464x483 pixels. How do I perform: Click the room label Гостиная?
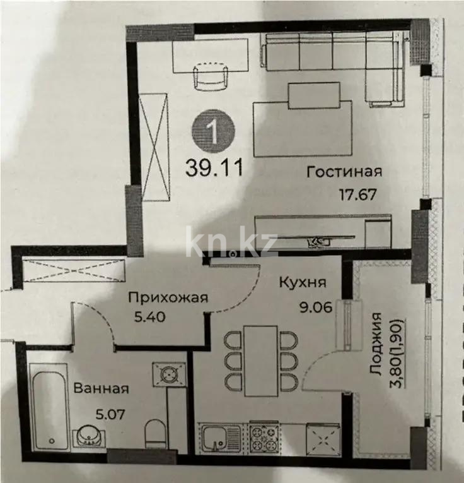pyautogui.click(x=344, y=172)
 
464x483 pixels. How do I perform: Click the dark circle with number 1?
pyautogui.click(x=213, y=133)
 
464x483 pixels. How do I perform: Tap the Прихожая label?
pyautogui.click(x=168, y=297)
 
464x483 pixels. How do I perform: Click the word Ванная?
pyautogui.click(x=101, y=389)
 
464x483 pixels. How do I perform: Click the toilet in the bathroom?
pyautogui.click(x=154, y=434)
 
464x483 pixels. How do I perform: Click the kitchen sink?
pyautogui.click(x=221, y=438)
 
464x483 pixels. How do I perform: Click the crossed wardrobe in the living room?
pyautogui.click(x=154, y=147)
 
